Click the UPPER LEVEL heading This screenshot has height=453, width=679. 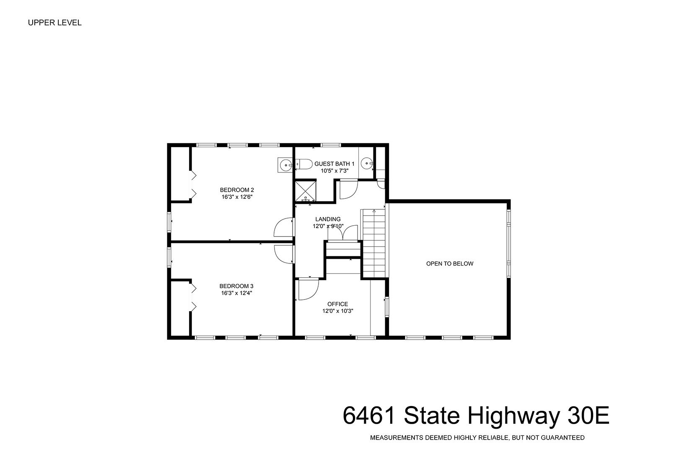[x=54, y=23]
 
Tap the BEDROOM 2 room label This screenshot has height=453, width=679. [x=237, y=190]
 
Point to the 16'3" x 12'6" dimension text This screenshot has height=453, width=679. [x=237, y=197]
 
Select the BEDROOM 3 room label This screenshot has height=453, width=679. [x=236, y=286]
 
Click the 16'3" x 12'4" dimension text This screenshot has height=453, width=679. [x=236, y=293]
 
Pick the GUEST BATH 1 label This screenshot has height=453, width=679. [x=334, y=164]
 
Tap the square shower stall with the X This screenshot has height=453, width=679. [x=306, y=191]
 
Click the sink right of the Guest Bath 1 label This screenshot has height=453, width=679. [x=367, y=163]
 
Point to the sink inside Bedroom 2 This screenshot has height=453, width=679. [x=285, y=165]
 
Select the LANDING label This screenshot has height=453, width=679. [x=328, y=219]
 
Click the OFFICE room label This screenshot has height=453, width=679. [x=338, y=304]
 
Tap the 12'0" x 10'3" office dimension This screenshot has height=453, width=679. [x=338, y=311]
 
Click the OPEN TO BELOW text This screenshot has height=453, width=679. [x=450, y=264]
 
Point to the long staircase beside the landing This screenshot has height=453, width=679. [x=374, y=243]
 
